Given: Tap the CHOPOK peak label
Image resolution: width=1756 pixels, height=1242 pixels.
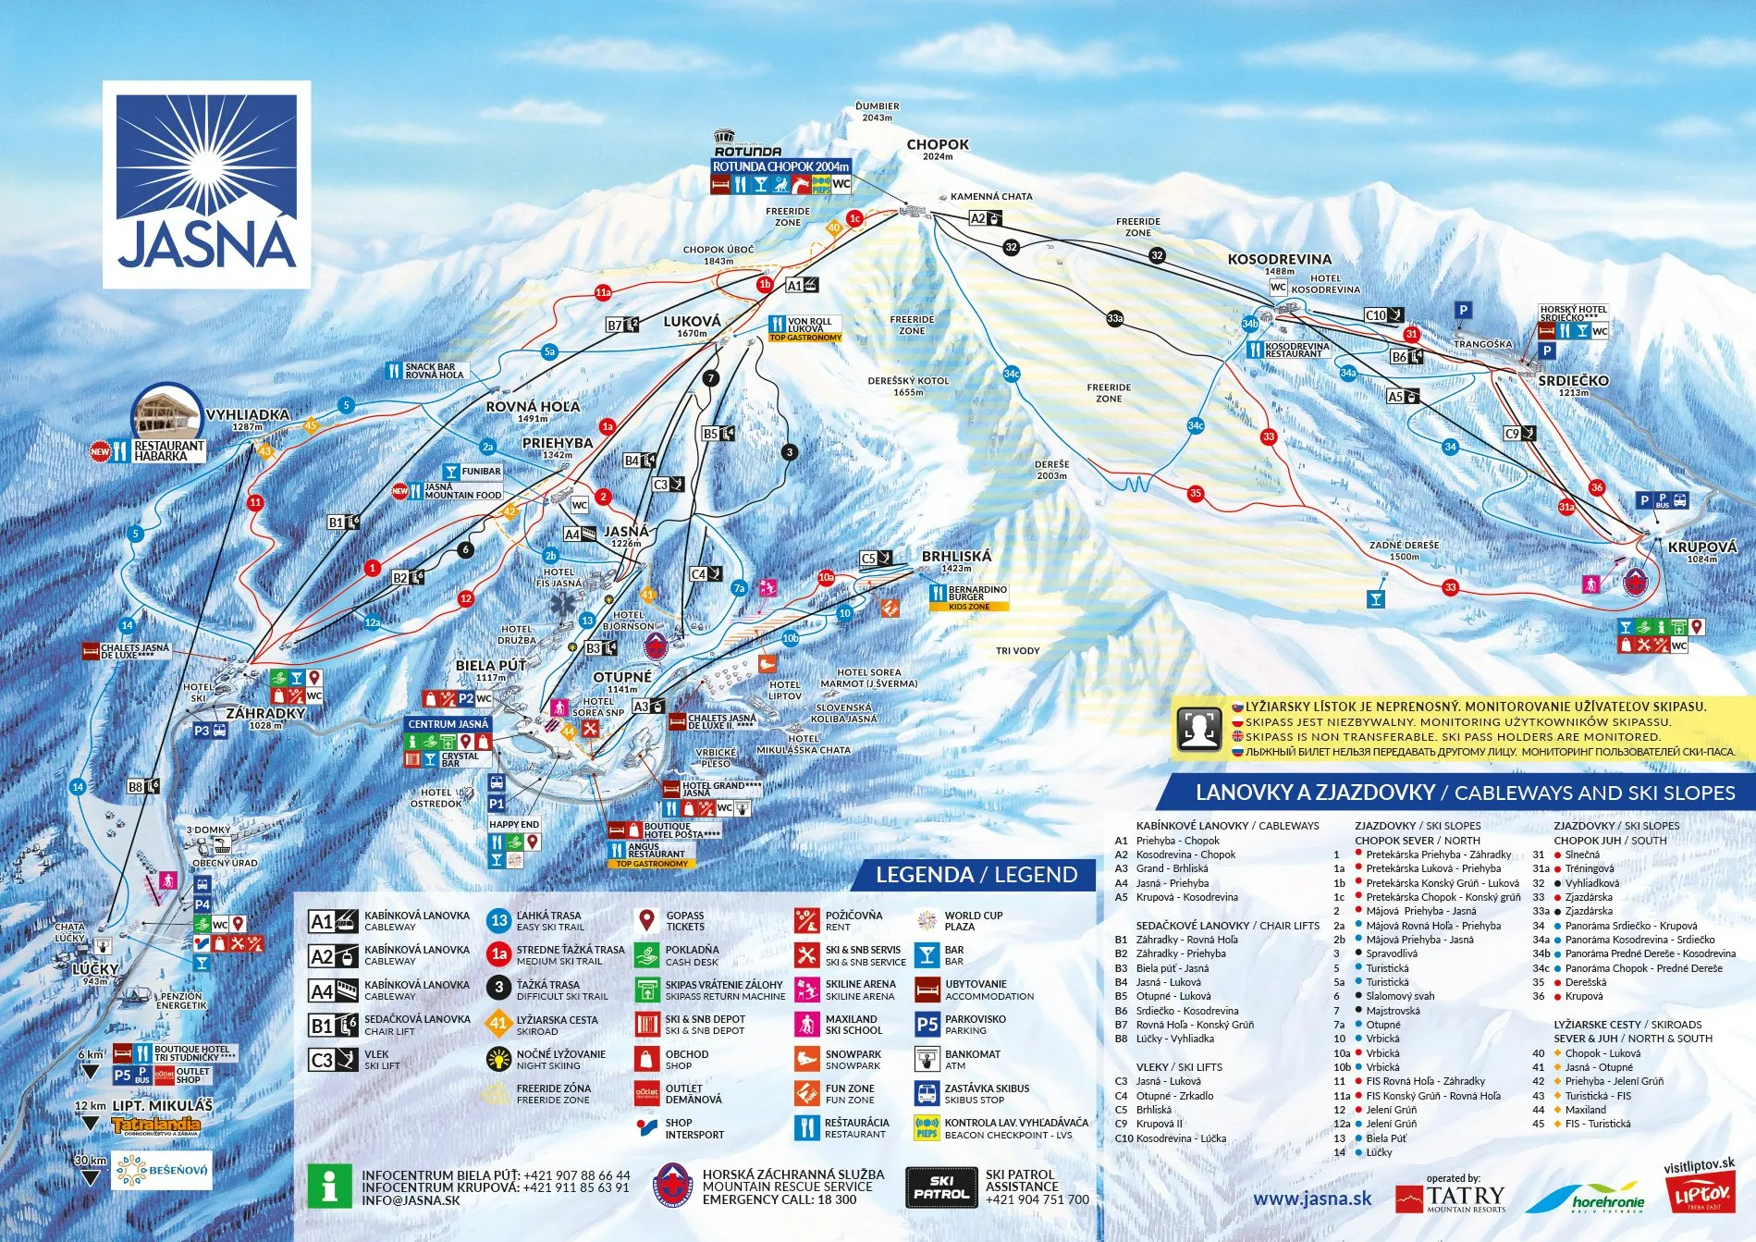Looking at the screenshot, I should pyautogui.click(x=938, y=144).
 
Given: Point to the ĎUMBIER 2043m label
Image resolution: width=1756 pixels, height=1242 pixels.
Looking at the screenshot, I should pyautogui.click(x=877, y=111).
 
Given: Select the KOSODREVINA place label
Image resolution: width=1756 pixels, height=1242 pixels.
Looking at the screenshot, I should pyautogui.click(x=1279, y=259).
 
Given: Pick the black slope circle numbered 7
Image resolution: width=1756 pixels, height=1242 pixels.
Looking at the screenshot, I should pyautogui.click(x=710, y=377).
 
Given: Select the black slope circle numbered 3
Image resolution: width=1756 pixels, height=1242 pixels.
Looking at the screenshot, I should pyautogui.click(x=789, y=452).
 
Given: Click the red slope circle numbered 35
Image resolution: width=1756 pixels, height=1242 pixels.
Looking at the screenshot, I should pyautogui.click(x=1196, y=493).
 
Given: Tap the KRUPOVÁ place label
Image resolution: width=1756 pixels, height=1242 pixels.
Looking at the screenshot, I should pyautogui.click(x=1701, y=547).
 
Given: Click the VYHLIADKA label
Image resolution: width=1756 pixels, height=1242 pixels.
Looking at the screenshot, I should pyautogui.click(x=247, y=415).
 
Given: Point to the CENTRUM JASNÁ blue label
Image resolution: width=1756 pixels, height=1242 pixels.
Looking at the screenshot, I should pyautogui.click(x=448, y=724).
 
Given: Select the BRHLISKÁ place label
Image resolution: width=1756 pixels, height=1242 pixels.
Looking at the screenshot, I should pyautogui.click(x=956, y=556).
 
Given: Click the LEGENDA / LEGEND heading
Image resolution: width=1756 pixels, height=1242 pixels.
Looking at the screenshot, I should pyautogui.click(x=976, y=875).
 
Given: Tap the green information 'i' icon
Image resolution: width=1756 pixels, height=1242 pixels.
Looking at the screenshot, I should pyautogui.click(x=329, y=1187).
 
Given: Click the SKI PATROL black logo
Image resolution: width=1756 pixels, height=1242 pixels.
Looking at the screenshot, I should pyautogui.click(x=940, y=1187).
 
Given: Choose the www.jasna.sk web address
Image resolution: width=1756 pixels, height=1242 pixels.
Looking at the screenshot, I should pyautogui.click(x=1311, y=1199).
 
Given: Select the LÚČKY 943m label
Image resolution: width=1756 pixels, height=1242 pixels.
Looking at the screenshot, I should pyautogui.click(x=95, y=969).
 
